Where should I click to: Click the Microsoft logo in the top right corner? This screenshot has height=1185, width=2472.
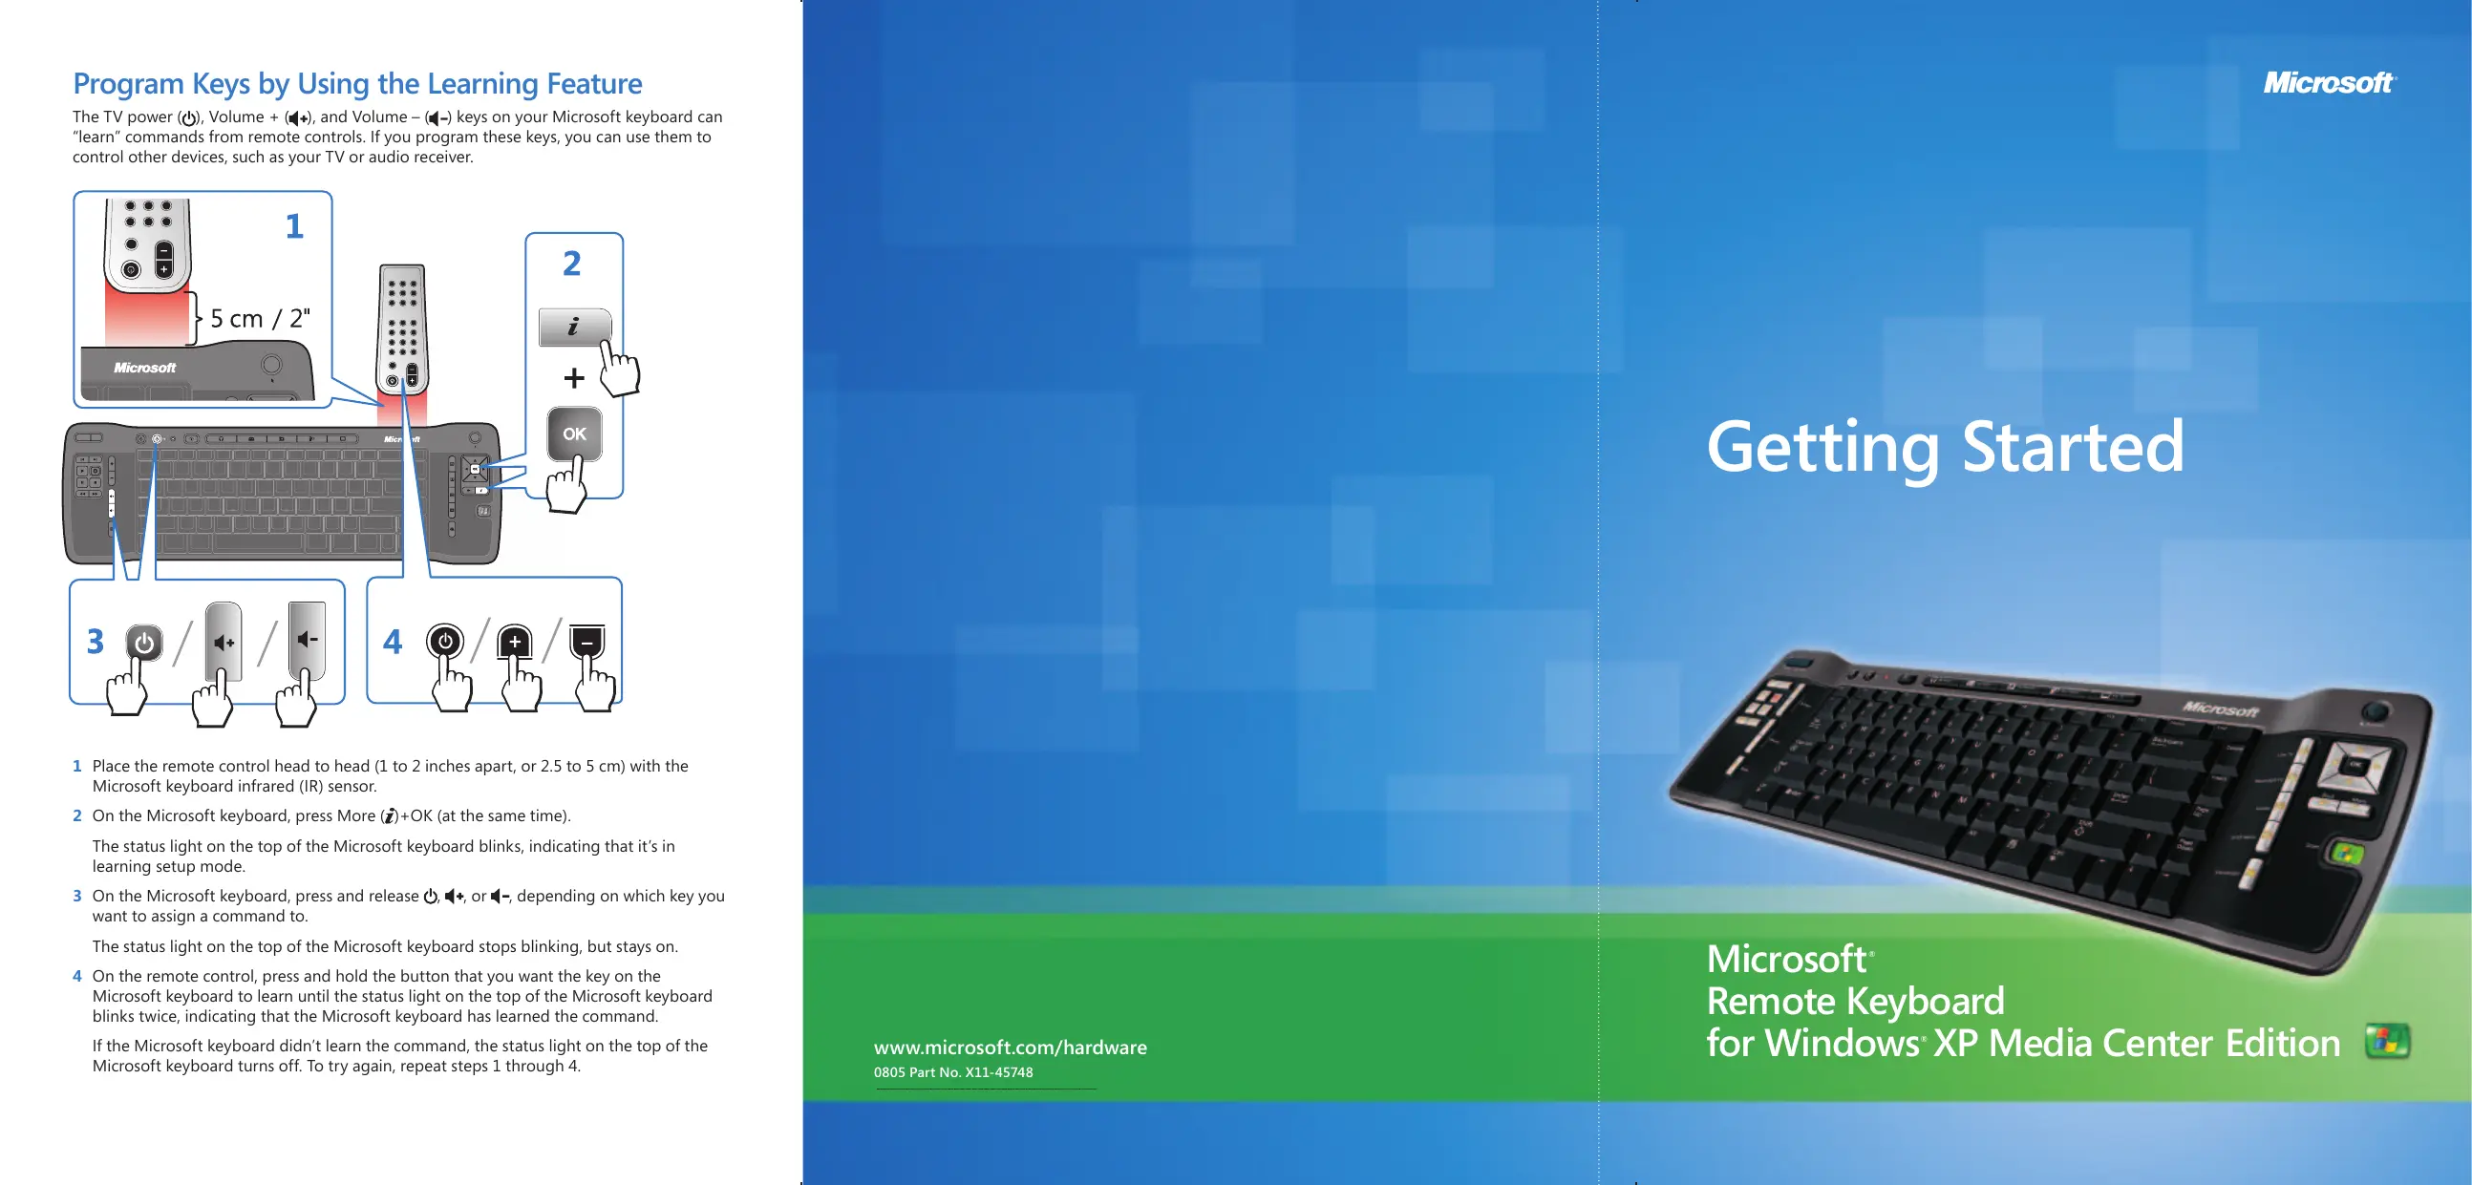[x=2329, y=82]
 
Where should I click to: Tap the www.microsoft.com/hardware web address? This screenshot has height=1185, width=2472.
[x=1010, y=1047]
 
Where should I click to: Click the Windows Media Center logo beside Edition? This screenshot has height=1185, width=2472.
[x=2388, y=1041]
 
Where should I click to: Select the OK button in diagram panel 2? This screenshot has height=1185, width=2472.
[x=574, y=434]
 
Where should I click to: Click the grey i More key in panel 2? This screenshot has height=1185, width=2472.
[x=574, y=328]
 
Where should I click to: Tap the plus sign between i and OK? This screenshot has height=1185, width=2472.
[x=574, y=378]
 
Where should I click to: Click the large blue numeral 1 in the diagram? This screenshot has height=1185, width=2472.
[x=293, y=226]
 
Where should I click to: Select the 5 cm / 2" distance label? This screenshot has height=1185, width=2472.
[x=260, y=318]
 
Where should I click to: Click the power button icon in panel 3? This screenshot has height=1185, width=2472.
[x=144, y=643]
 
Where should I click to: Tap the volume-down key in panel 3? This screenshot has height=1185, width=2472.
[x=307, y=640]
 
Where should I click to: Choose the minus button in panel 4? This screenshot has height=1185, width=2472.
[x=587, y=642]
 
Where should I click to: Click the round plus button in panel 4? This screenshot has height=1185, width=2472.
[x=516, y=642]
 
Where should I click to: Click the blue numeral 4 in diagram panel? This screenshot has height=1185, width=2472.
[x=393, y=641]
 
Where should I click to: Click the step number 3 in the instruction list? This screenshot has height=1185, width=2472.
[x=76, y=897]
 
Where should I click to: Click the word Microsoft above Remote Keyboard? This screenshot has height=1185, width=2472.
[x=1786, y=959]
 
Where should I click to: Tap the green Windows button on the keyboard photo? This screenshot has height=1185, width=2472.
[x=2345, y=852]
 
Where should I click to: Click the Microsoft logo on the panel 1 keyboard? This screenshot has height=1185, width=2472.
[x=145, y=368]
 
